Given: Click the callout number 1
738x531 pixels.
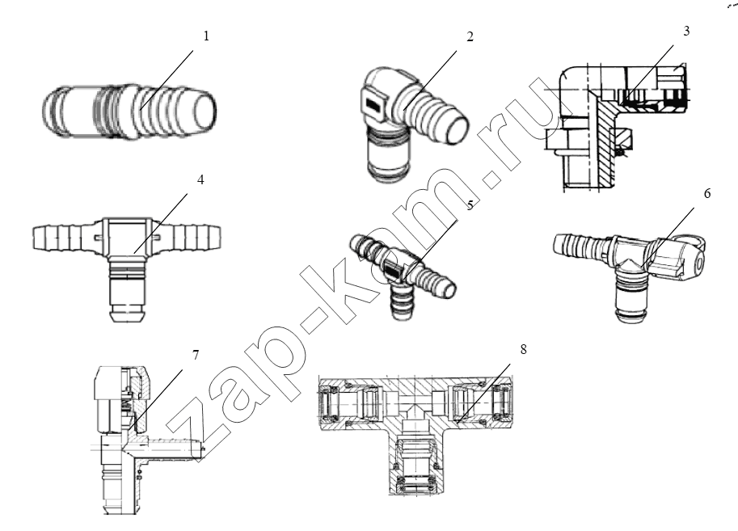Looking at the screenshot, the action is (x=206, y=36).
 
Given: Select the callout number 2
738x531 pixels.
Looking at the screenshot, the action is (x=470, y=36).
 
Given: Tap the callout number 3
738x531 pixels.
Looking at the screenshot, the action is (x=686, y=31).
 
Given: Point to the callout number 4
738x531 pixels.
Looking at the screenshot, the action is (x=200, y=179).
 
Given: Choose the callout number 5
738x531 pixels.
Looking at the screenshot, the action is (x=470, y=205).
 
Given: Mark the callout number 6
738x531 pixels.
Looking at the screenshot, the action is (x=707, y=193).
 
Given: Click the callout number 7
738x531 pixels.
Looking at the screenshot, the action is (x=196, y=355).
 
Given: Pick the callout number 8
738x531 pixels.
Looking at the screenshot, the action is (x=523, y=349).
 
